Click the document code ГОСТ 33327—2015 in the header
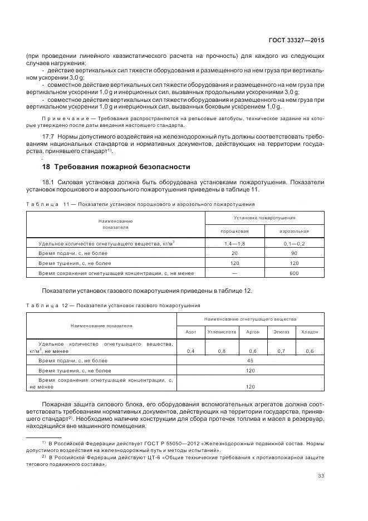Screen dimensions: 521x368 [297, 41]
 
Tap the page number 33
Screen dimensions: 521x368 [321, 475]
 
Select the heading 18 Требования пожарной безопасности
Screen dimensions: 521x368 [116, 166]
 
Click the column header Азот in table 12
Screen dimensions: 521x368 [190, 331]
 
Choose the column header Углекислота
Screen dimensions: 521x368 [222, 331]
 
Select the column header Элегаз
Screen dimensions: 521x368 [281, 331]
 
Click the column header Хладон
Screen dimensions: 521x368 [310, 331]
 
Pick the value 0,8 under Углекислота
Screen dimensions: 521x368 [222, 351]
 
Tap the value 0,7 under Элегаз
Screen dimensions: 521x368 [281, 351]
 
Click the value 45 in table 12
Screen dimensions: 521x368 [250, 360]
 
